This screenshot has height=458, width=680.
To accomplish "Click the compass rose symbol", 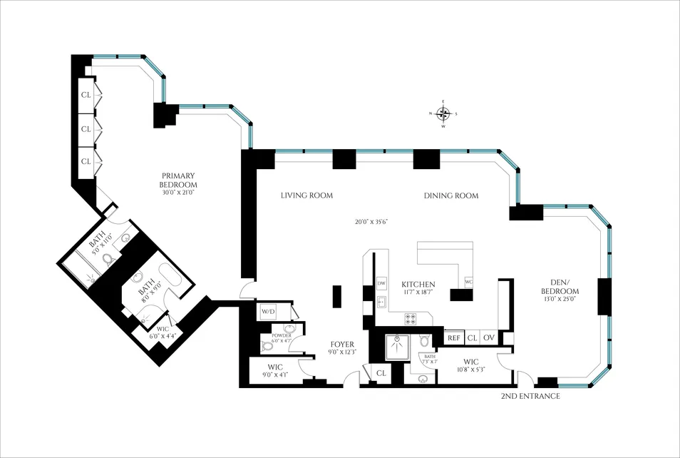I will pos(443,113).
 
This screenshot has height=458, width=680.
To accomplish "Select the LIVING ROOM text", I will pos(306,195).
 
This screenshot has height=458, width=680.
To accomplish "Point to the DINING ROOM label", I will pos(450,195).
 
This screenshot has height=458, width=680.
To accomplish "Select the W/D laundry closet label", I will pos(268,311).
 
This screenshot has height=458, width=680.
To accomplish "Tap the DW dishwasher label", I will pos(381,283).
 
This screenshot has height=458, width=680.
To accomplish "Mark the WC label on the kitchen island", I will pos(468,281).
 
